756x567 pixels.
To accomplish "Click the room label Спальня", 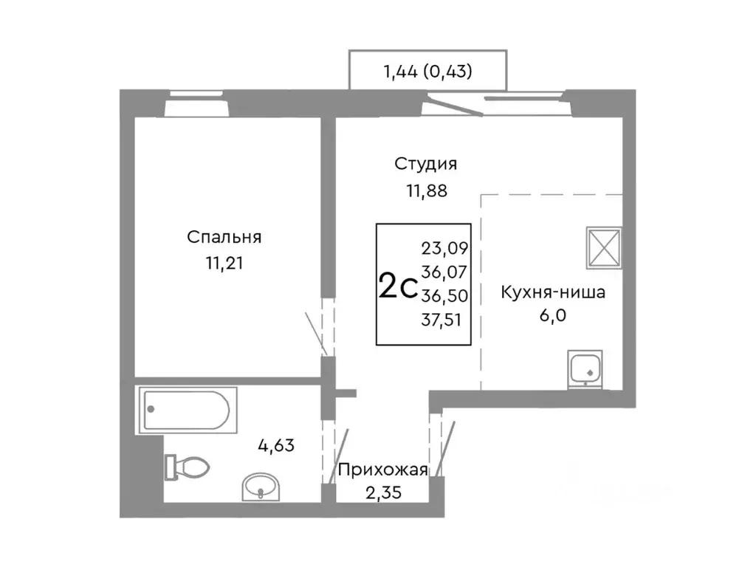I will pyautogui.click(x=224, y=238).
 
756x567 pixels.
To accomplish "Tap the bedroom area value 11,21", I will pyautogui.click(x=224, y=263).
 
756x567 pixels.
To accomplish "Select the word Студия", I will pyautogui.click(x=425, y=164).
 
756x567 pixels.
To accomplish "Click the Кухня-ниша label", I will pyautogui.click(x=553, y=292).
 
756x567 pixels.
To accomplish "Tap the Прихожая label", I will pyautogui.click(x=382, y=470).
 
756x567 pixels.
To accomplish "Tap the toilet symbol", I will pyautogui.click(x=188, y=467).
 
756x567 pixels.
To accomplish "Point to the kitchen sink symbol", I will pyautogui.click(x=585, y=368).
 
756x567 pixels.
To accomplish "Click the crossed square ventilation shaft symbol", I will pyautogui.click(x=605, y=247).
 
